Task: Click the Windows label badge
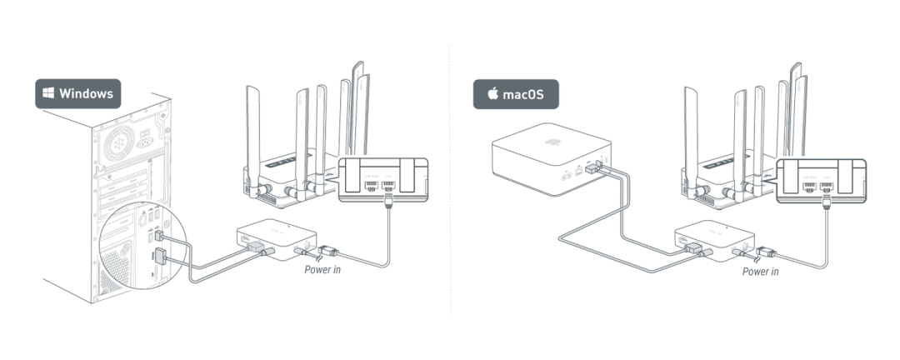pyautogui.click(x=77, y=93)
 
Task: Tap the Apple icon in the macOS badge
pyautogui.click(x=492, y=94)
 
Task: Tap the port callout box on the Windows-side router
pyautogui.click(x=382, y=180)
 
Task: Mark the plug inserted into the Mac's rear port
pyautogui.click(x=593, y=169)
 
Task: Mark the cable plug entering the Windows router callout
pyautogui.click(x=388, y=204)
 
